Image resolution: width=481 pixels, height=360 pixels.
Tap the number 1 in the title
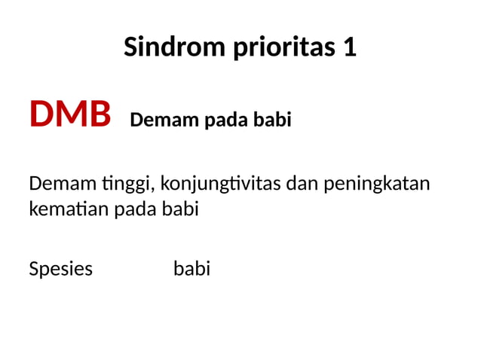click(x=349, y=47)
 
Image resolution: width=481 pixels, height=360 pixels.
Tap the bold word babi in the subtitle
click(x=272, y=120)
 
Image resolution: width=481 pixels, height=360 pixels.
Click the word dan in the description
click(x=304, y=183)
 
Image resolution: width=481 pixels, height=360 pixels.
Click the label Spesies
click(x=60, y=269)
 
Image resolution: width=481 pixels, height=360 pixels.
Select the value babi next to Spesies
click(x=191, y=269)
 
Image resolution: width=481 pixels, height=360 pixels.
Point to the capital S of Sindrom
click(x=130, y=47)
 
